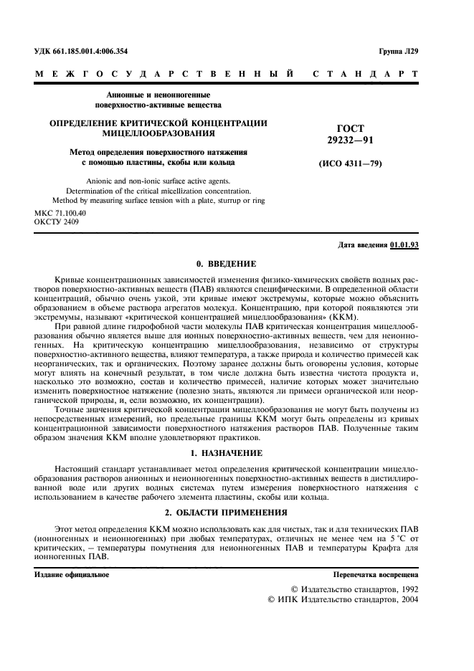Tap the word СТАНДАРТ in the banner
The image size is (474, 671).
tap(365, 74)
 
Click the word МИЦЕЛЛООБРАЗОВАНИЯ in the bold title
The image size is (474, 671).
tap(158, 133)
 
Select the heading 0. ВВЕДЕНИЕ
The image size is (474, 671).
tap(226, 264)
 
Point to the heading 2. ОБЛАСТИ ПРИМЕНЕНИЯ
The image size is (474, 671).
tap(226, 513)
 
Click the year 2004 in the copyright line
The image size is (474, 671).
tap(405, 599)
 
